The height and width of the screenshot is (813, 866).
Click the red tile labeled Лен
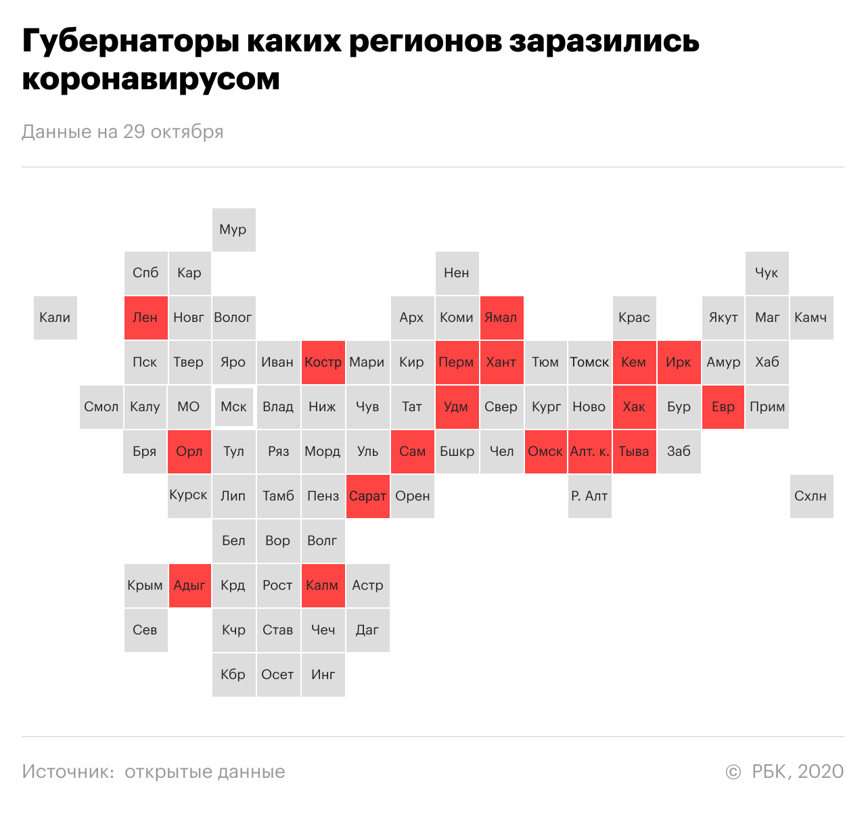click(x=145, y=317)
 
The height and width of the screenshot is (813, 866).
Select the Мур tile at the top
click(x=233, y=229)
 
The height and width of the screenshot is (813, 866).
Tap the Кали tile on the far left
click(x=55, y=317)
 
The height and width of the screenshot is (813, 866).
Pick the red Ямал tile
click(x=501, y=317)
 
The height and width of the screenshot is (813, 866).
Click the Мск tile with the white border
click(x=234, y=406)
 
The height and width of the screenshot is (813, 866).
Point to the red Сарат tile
click(x=367, y=496)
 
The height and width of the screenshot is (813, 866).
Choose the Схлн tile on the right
click(x=811, y=496)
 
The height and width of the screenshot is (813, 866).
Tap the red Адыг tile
click(x=189, y=585)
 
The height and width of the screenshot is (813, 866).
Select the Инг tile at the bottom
click(x=323, y=674)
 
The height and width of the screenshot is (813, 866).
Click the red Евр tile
click(x=723, y=406)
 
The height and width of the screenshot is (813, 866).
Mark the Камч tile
click(x=811, y=317)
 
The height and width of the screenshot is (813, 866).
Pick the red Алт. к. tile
click(x=590, y=451)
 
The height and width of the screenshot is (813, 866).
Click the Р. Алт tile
click(x=590, y=496)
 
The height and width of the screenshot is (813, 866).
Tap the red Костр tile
click(x=323, y=362)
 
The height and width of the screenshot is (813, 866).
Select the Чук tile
click(x=767, y=273)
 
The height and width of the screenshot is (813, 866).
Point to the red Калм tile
click(x=323, y=585)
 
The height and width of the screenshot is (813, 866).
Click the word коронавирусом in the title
click(x=151, y=79)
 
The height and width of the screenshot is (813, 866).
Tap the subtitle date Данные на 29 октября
click(x=122, y=131)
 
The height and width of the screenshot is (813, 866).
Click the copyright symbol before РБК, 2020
click(x=733, y=772)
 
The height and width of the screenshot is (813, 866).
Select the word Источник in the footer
click(x=68, y=772)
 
